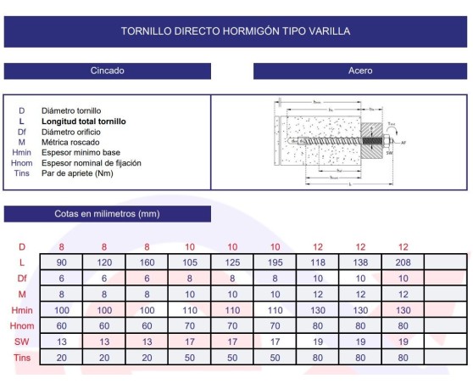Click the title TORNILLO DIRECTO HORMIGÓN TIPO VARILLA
pos(236,31)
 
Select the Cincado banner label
pos(108,71)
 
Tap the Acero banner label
pos(360,71)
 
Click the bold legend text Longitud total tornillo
pos(83,121)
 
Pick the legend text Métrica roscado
pos(72,142)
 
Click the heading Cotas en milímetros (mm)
pos(107,214)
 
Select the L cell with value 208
pos(403,263)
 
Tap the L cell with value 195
pos(275,263)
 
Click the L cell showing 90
pos(62,263)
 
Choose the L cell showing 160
pos(147,263)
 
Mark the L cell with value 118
pos(318,263)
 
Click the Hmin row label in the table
pos(22,310)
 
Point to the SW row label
pos(22,342)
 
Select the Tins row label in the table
pos(22,358)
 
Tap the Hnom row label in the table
pos(22,326)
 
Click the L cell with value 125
pos(232,263)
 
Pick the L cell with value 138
pos(360,263)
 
